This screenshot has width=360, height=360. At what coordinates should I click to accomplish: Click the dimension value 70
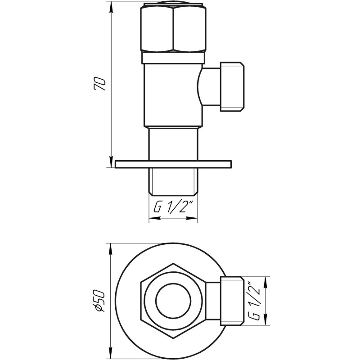click(102, 84)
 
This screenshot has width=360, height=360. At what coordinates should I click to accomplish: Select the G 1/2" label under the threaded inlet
click(173, 208)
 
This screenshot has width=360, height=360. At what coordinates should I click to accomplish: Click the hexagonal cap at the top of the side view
click(173, 29)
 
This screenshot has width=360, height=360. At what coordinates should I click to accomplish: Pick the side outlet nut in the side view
click(232, 86)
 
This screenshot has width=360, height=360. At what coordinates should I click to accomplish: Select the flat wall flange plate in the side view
click(173, 164)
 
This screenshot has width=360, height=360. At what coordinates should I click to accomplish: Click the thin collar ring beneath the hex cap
click(173, 58)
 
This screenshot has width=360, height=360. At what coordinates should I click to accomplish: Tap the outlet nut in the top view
click(232, 300)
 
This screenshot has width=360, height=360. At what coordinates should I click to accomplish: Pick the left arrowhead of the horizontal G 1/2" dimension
click(152, 219)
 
